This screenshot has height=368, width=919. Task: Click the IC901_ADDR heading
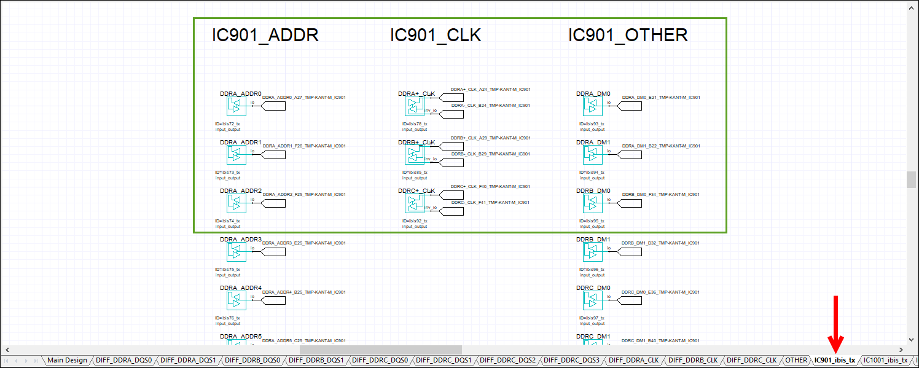click(265, 36)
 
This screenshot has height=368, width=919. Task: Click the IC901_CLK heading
click(435, 36)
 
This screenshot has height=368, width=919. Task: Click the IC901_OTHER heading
click(627, 36)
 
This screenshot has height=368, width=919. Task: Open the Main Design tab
click(67, 361)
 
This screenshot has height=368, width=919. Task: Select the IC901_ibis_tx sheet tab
click(834, 361)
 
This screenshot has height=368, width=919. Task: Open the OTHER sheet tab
click(796, 361)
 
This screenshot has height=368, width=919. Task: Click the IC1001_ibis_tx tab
click(885, 361)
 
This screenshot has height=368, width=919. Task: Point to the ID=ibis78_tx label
click(415, 124)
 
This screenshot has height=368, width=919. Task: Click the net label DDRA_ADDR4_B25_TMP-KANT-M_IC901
click(303, 292)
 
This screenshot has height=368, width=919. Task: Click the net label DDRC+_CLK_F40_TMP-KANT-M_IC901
click(490, 186)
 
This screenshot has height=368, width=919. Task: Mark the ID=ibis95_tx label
click(592, 221)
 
